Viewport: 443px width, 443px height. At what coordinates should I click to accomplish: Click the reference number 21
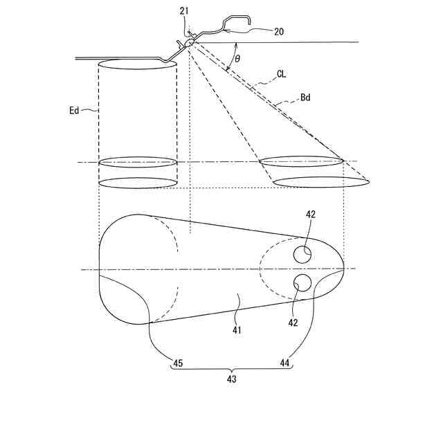coord(184,11)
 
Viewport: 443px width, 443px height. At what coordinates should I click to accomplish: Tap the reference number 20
coord(279,32)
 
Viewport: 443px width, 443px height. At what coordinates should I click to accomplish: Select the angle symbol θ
coord(237,59)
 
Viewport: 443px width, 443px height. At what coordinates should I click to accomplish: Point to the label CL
coord(282,74)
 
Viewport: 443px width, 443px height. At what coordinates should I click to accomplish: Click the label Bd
coord(305,98)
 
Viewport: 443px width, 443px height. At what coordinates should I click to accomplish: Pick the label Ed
coord(74,110)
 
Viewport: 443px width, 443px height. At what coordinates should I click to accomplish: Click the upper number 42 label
coord(311,215)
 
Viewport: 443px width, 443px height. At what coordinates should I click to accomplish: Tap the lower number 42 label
coord(293,323)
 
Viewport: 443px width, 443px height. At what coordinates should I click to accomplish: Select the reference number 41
coord(237,330)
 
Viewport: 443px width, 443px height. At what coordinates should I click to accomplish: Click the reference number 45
coord(178,363)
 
